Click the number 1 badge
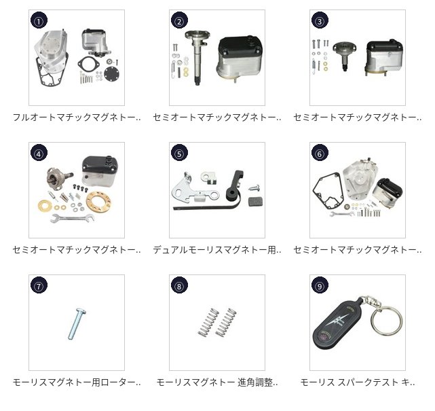tap(39, 20)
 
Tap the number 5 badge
tap(179, 153)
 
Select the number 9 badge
tap(320, 285)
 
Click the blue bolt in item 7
tap(77, 324)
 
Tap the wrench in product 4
tap(73, 218)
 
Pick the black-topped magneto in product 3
tap(384, 58)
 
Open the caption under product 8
tap(217, 382)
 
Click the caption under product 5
tap(217, 250)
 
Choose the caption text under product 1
tap(77, 118)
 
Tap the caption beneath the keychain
tap(358, 382)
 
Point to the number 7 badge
tap(39, 285)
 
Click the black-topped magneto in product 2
tap(239, 57)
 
